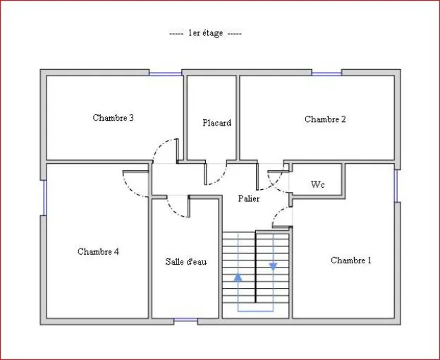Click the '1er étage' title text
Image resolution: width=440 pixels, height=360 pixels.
[206, 33]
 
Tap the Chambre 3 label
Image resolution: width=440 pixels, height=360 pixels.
[114, 118]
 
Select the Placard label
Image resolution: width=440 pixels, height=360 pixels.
[216, 123]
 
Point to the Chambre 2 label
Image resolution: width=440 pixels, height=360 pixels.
[325, 119]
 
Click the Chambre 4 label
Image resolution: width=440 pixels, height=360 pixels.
[98, 251]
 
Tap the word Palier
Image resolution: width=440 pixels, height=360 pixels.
[248, 199]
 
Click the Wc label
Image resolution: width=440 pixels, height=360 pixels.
[318, 185]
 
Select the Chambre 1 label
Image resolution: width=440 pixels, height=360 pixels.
[350, 260]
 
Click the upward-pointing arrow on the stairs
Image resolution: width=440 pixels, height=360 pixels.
[238, 277]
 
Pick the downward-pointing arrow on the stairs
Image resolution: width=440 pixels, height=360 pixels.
[273, 267]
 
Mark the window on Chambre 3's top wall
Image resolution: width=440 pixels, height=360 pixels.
[165, 73]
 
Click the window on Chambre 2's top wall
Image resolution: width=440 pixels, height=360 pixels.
[326, 73]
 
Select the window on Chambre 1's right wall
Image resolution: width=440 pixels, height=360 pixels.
[396, 185]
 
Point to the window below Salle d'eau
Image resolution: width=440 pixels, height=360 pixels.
[185, 321]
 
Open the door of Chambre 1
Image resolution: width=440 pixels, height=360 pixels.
[280, 216]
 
